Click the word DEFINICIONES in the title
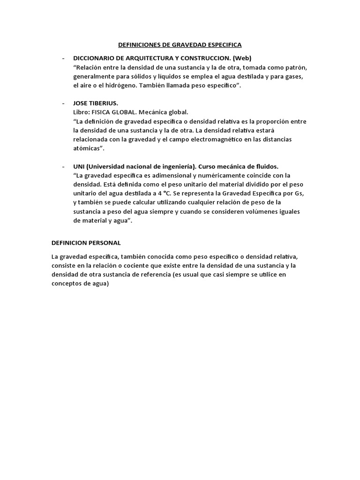coord(138,45)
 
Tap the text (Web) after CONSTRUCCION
coord(242,58)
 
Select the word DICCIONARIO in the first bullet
coord(93,58)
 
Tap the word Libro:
coord(83,112)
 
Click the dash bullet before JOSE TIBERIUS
coord(64,104)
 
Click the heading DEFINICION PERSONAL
coord(86,243)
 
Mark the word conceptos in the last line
coord(67,284)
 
